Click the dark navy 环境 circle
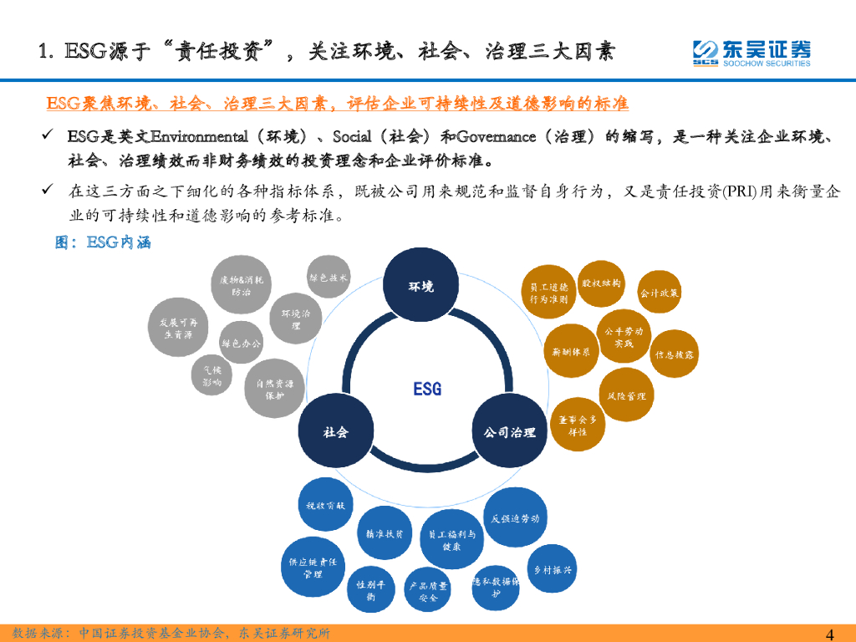tap(420, 287)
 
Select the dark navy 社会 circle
tap(335, 431)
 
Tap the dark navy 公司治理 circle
tap(510, 431)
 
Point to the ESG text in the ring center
tap(427, 389)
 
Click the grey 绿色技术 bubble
tap(329, 278)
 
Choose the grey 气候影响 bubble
tap(212, 375)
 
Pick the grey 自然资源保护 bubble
tap(275, 390)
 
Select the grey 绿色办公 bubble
tap(241, 343)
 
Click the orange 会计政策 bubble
tap(660, 293)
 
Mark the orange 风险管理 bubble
tap(626, 395)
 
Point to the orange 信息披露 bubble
tap(674, 354)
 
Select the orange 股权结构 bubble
tap(601, 283)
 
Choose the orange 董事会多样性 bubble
tap(578, 425)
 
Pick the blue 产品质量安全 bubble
tap(428, 592)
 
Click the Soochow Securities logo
tap(752, 52)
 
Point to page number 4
tap(830, 633)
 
